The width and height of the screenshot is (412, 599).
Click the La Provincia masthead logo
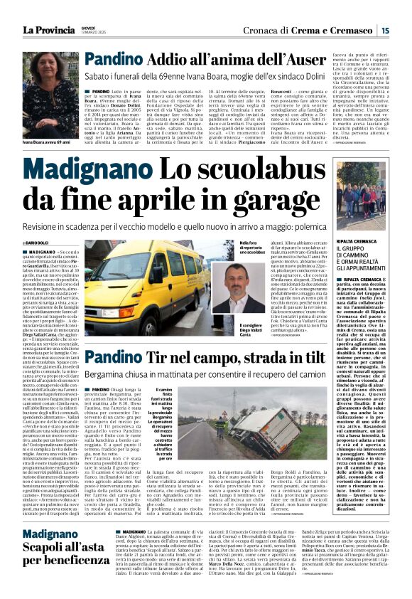(x=49, y=31)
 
